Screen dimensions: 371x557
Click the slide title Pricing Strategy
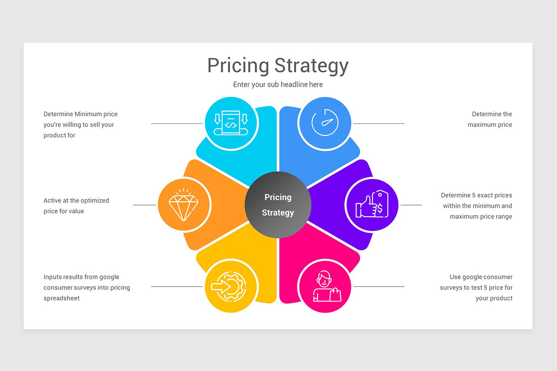[278, 65]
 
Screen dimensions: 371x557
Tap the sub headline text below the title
[278, 84]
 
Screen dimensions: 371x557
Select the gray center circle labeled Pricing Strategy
[278, 205]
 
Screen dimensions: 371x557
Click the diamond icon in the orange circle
[183, 205]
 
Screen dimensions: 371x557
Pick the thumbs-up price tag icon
[371, 205]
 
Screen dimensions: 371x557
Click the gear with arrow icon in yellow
[231, 286]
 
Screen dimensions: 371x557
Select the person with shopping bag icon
[325, 286]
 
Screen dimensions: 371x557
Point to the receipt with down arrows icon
[231, 123]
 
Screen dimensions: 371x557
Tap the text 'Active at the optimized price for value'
[76, 206]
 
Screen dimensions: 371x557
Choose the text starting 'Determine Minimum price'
[80, 124]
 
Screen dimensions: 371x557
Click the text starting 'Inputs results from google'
[86, 288]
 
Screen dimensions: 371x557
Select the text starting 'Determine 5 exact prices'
[477, 206]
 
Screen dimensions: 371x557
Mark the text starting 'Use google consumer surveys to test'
[477, 288]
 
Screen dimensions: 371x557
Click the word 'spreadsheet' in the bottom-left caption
[62, 298]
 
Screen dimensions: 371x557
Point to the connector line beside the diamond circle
[144, 205]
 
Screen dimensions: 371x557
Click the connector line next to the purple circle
[411, 205]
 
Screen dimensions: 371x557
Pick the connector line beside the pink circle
[378, 287]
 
